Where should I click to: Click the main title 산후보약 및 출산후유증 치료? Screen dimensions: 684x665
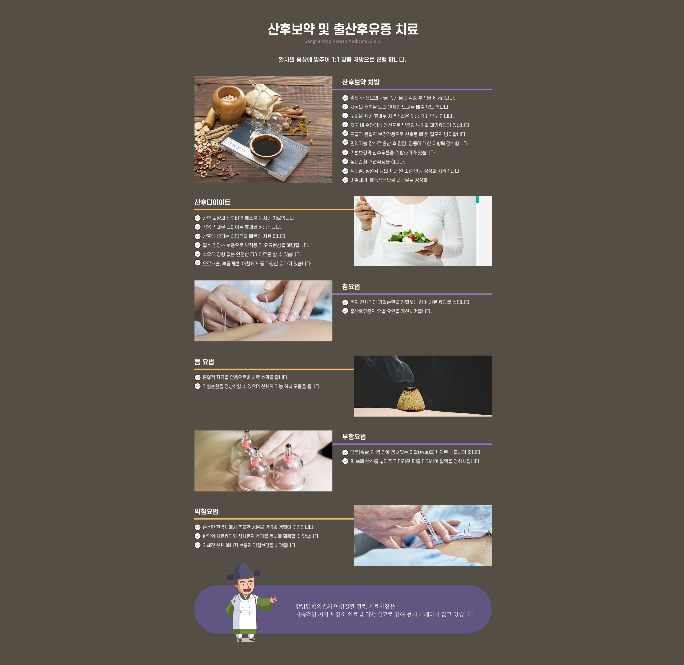coord(343,29)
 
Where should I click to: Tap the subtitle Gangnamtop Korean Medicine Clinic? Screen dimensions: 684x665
coord(342,41)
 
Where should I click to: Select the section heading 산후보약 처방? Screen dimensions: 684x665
coord(360,82)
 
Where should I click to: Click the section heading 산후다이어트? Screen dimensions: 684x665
coord(212,202)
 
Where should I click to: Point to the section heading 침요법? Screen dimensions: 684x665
coord(351,287)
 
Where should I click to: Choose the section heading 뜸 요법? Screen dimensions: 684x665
coord(204,362)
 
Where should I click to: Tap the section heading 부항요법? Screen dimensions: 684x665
coord(354,436)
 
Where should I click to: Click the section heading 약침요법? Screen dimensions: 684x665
coord(206,511)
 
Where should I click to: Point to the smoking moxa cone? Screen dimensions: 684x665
coord(411,398)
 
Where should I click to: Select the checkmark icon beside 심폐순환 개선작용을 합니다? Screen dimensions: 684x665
coord(345,161)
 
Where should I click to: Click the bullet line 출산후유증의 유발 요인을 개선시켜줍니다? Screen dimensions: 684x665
coord(391,311)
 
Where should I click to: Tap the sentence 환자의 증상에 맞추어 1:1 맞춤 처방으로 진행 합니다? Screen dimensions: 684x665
coord(342,59)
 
